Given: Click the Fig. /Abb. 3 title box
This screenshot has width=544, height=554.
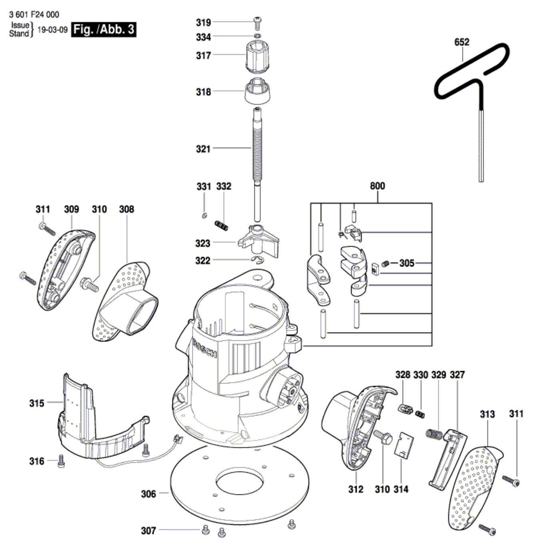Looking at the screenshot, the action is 104,29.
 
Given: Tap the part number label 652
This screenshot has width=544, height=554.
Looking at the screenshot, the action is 462,42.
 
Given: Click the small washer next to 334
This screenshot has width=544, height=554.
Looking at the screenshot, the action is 258,36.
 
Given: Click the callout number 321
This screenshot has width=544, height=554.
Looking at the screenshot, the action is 203,149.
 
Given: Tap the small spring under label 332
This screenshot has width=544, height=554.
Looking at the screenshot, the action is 222,225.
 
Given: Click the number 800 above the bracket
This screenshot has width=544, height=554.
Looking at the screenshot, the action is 377,186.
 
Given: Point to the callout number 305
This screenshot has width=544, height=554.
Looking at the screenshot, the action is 407,263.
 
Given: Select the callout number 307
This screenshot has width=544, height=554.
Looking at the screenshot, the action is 148,531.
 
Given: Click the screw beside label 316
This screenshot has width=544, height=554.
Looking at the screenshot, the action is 61,462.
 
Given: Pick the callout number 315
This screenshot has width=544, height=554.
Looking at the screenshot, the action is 37,403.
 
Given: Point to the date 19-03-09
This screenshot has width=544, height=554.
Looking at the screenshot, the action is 52,30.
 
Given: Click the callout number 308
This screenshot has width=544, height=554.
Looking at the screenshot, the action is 126,209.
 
